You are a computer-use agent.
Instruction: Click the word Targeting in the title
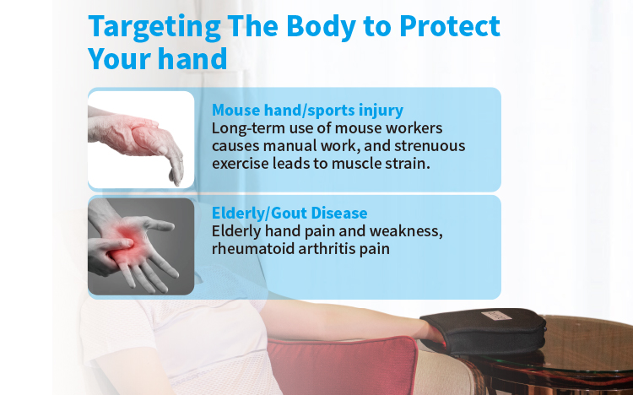pos(154,28)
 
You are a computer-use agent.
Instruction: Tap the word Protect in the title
pos(450,26)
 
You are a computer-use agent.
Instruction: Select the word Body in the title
pos(322,28)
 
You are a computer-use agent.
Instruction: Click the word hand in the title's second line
pos(192,58)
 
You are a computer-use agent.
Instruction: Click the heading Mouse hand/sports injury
pos(307,111)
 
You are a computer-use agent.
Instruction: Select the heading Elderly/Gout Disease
pos(289,213)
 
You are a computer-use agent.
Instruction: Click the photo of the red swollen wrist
pos(141,140)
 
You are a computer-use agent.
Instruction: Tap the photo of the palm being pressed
pos(141,246)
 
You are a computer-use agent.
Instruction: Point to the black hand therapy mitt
pos(484,331)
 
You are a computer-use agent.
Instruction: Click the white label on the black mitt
pos(496,316)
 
